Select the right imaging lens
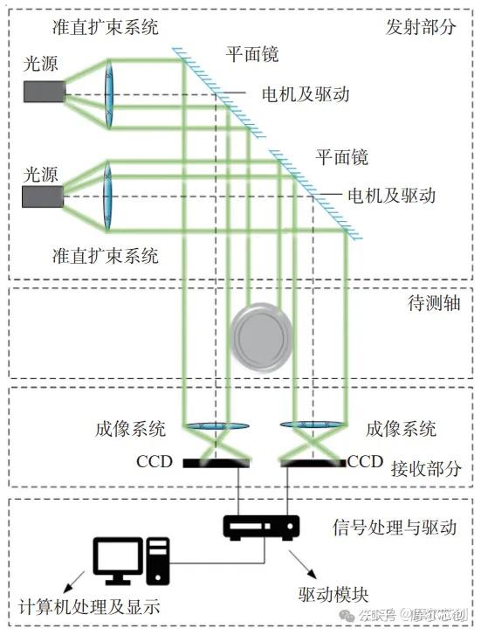click(x=312, y=426)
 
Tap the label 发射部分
click(x=421, y=26)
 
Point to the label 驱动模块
click(x=328, y=594)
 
